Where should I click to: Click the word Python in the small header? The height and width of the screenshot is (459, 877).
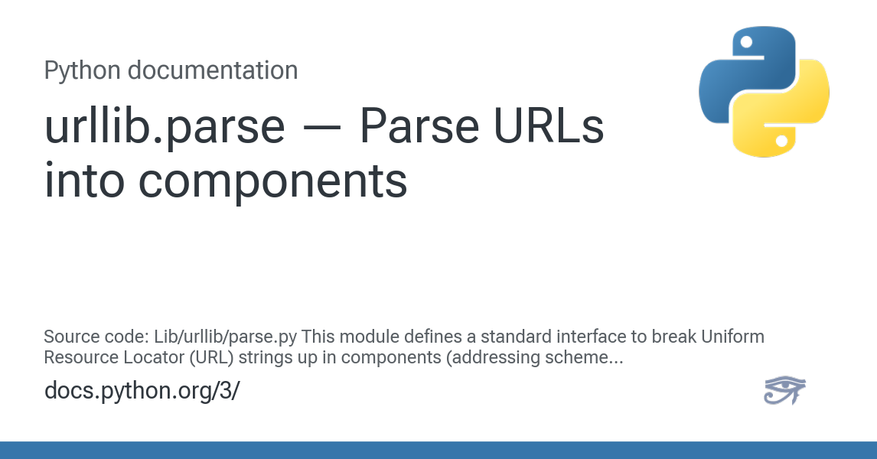[82, 71]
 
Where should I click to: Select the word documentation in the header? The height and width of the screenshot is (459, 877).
[213, 70]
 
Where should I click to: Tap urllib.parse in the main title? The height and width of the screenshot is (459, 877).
[165, 128]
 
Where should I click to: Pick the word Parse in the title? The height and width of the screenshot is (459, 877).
[419, 127]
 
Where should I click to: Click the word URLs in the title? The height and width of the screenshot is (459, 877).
[549, 127]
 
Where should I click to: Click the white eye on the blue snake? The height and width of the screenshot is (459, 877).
[746, 42]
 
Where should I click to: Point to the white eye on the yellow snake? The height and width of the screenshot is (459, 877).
[782, 141]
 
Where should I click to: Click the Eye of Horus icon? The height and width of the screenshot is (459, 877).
[784, 389]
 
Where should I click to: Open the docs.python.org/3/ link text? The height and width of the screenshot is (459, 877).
[142, 391]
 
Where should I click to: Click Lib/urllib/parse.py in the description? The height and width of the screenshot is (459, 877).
[226, 337]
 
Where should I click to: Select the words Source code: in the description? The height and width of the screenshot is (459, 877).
[96, 337]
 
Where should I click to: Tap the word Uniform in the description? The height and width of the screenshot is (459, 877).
[732, 337]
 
